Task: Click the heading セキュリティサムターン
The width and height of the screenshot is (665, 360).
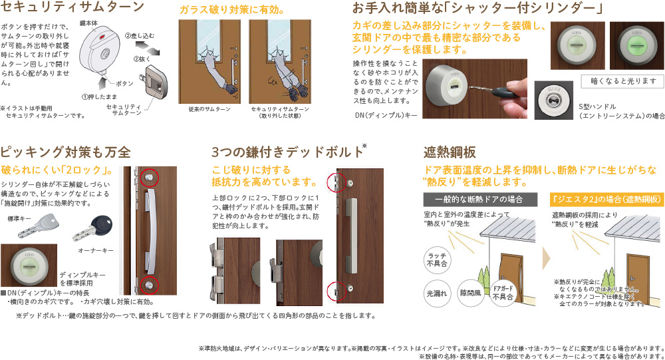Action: (72, 8)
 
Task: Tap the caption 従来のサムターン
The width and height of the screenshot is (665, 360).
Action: (205, 108)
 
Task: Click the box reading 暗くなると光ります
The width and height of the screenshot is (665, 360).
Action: (622, 81)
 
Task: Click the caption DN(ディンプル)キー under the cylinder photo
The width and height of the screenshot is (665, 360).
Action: (386, 115)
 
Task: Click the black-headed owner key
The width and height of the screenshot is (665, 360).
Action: (100, 226)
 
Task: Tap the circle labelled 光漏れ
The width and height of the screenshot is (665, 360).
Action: (436, 293)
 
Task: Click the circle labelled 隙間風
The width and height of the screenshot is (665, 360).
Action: (470, 293)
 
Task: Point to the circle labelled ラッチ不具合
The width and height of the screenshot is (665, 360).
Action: (436, 260)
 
